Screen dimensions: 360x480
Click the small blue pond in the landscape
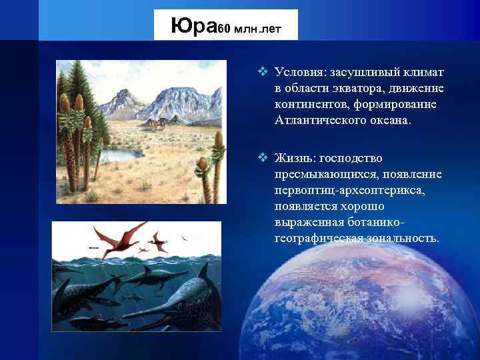pos(120,155)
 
